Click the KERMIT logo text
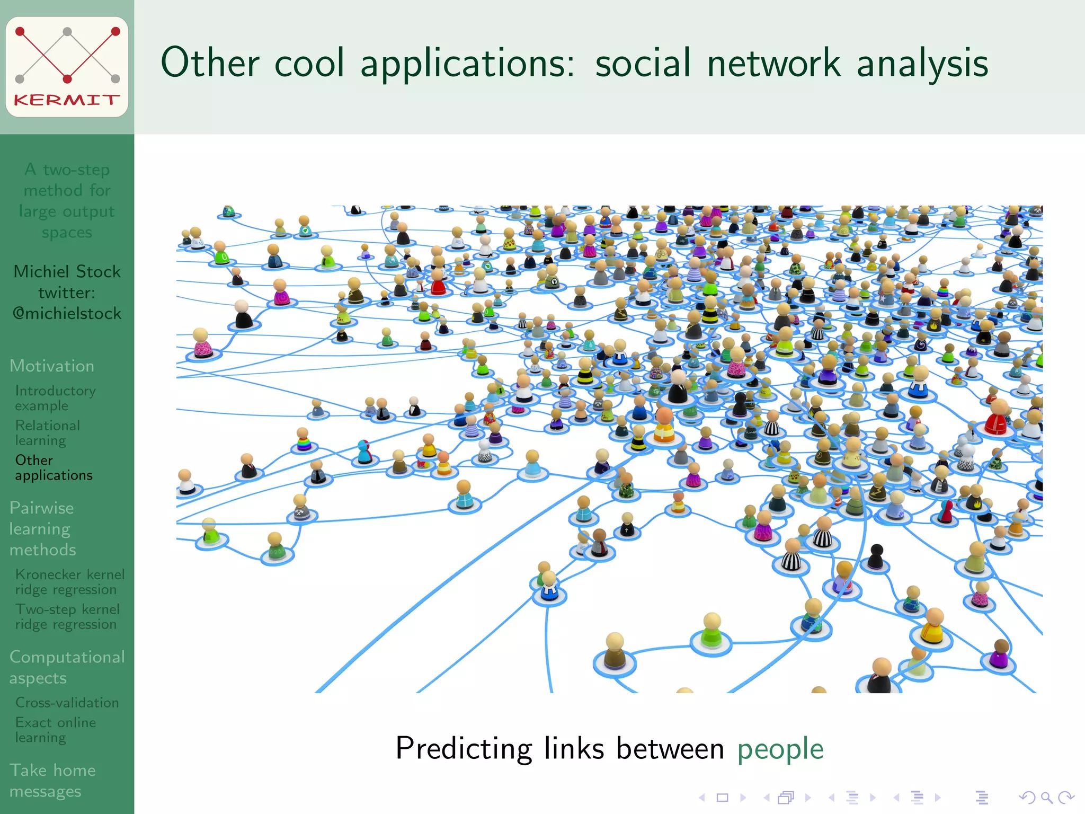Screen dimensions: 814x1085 [67, 100]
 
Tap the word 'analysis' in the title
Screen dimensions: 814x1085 [922, 63]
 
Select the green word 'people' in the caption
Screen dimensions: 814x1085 [780, 749]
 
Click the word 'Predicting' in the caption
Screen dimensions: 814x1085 [464, 749]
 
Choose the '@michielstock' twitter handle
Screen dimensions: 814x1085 [67, 313]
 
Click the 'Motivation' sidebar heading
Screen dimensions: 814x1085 [52, 366]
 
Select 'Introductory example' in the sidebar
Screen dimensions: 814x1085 [55, 398]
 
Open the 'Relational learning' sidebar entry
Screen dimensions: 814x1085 [48, 433]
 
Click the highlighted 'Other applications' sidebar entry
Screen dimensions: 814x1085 [54, 467]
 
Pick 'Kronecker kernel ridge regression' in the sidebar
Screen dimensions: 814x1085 [69, 582]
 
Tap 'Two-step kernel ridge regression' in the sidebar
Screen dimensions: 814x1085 [67, 617]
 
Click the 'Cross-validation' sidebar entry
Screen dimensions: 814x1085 [67, 703]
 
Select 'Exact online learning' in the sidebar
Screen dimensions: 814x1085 [55, 730]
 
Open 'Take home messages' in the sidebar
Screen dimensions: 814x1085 [52, 780]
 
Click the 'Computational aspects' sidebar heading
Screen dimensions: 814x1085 [67, 667]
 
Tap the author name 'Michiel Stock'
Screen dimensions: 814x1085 [67, 271]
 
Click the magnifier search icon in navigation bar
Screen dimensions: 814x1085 [1046, 797]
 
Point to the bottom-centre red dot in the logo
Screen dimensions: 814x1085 [67, 79]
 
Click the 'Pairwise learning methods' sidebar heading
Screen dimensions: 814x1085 [42, 529]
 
